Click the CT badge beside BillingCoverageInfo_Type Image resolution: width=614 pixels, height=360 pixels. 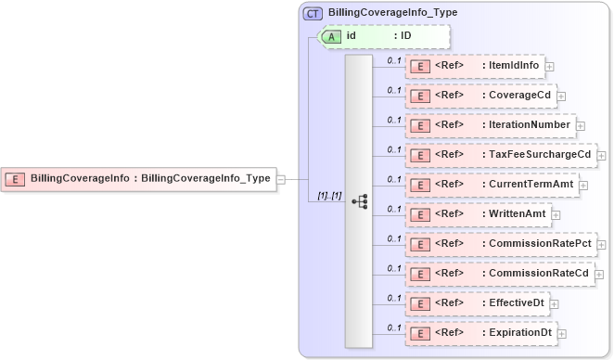coord(313,14)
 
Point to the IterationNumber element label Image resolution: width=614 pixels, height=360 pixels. coord(526,125)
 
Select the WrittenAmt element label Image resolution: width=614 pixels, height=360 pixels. coord(514,214)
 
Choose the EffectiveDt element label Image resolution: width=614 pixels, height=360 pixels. coord(513,303)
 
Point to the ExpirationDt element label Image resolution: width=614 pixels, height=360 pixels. coord(515,333)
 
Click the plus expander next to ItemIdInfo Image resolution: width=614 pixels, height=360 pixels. coord(550,67)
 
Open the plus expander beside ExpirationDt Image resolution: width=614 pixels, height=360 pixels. coord(561,334)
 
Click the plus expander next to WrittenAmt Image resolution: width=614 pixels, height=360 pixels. coord(556,215)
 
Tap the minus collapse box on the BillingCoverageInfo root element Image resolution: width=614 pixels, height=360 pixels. coord(281,179)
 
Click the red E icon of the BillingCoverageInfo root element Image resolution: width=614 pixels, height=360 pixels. coord(16,178)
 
